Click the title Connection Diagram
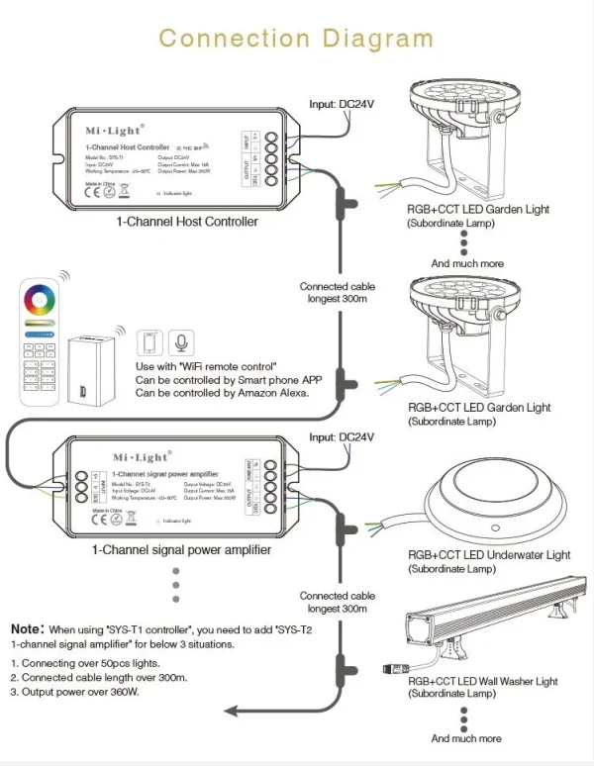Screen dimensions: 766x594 296,39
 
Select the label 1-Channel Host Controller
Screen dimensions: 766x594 187,222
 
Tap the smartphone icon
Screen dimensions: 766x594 148,342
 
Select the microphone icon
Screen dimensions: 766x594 180,342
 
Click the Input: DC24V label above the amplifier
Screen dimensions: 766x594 344,436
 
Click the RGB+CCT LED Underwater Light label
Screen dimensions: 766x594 489,555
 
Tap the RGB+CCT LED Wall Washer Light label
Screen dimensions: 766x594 482,681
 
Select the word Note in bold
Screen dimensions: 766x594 27,628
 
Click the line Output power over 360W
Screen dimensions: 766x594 73,691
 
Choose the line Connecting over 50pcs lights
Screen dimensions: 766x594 85,663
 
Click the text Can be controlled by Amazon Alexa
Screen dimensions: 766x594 222,393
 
